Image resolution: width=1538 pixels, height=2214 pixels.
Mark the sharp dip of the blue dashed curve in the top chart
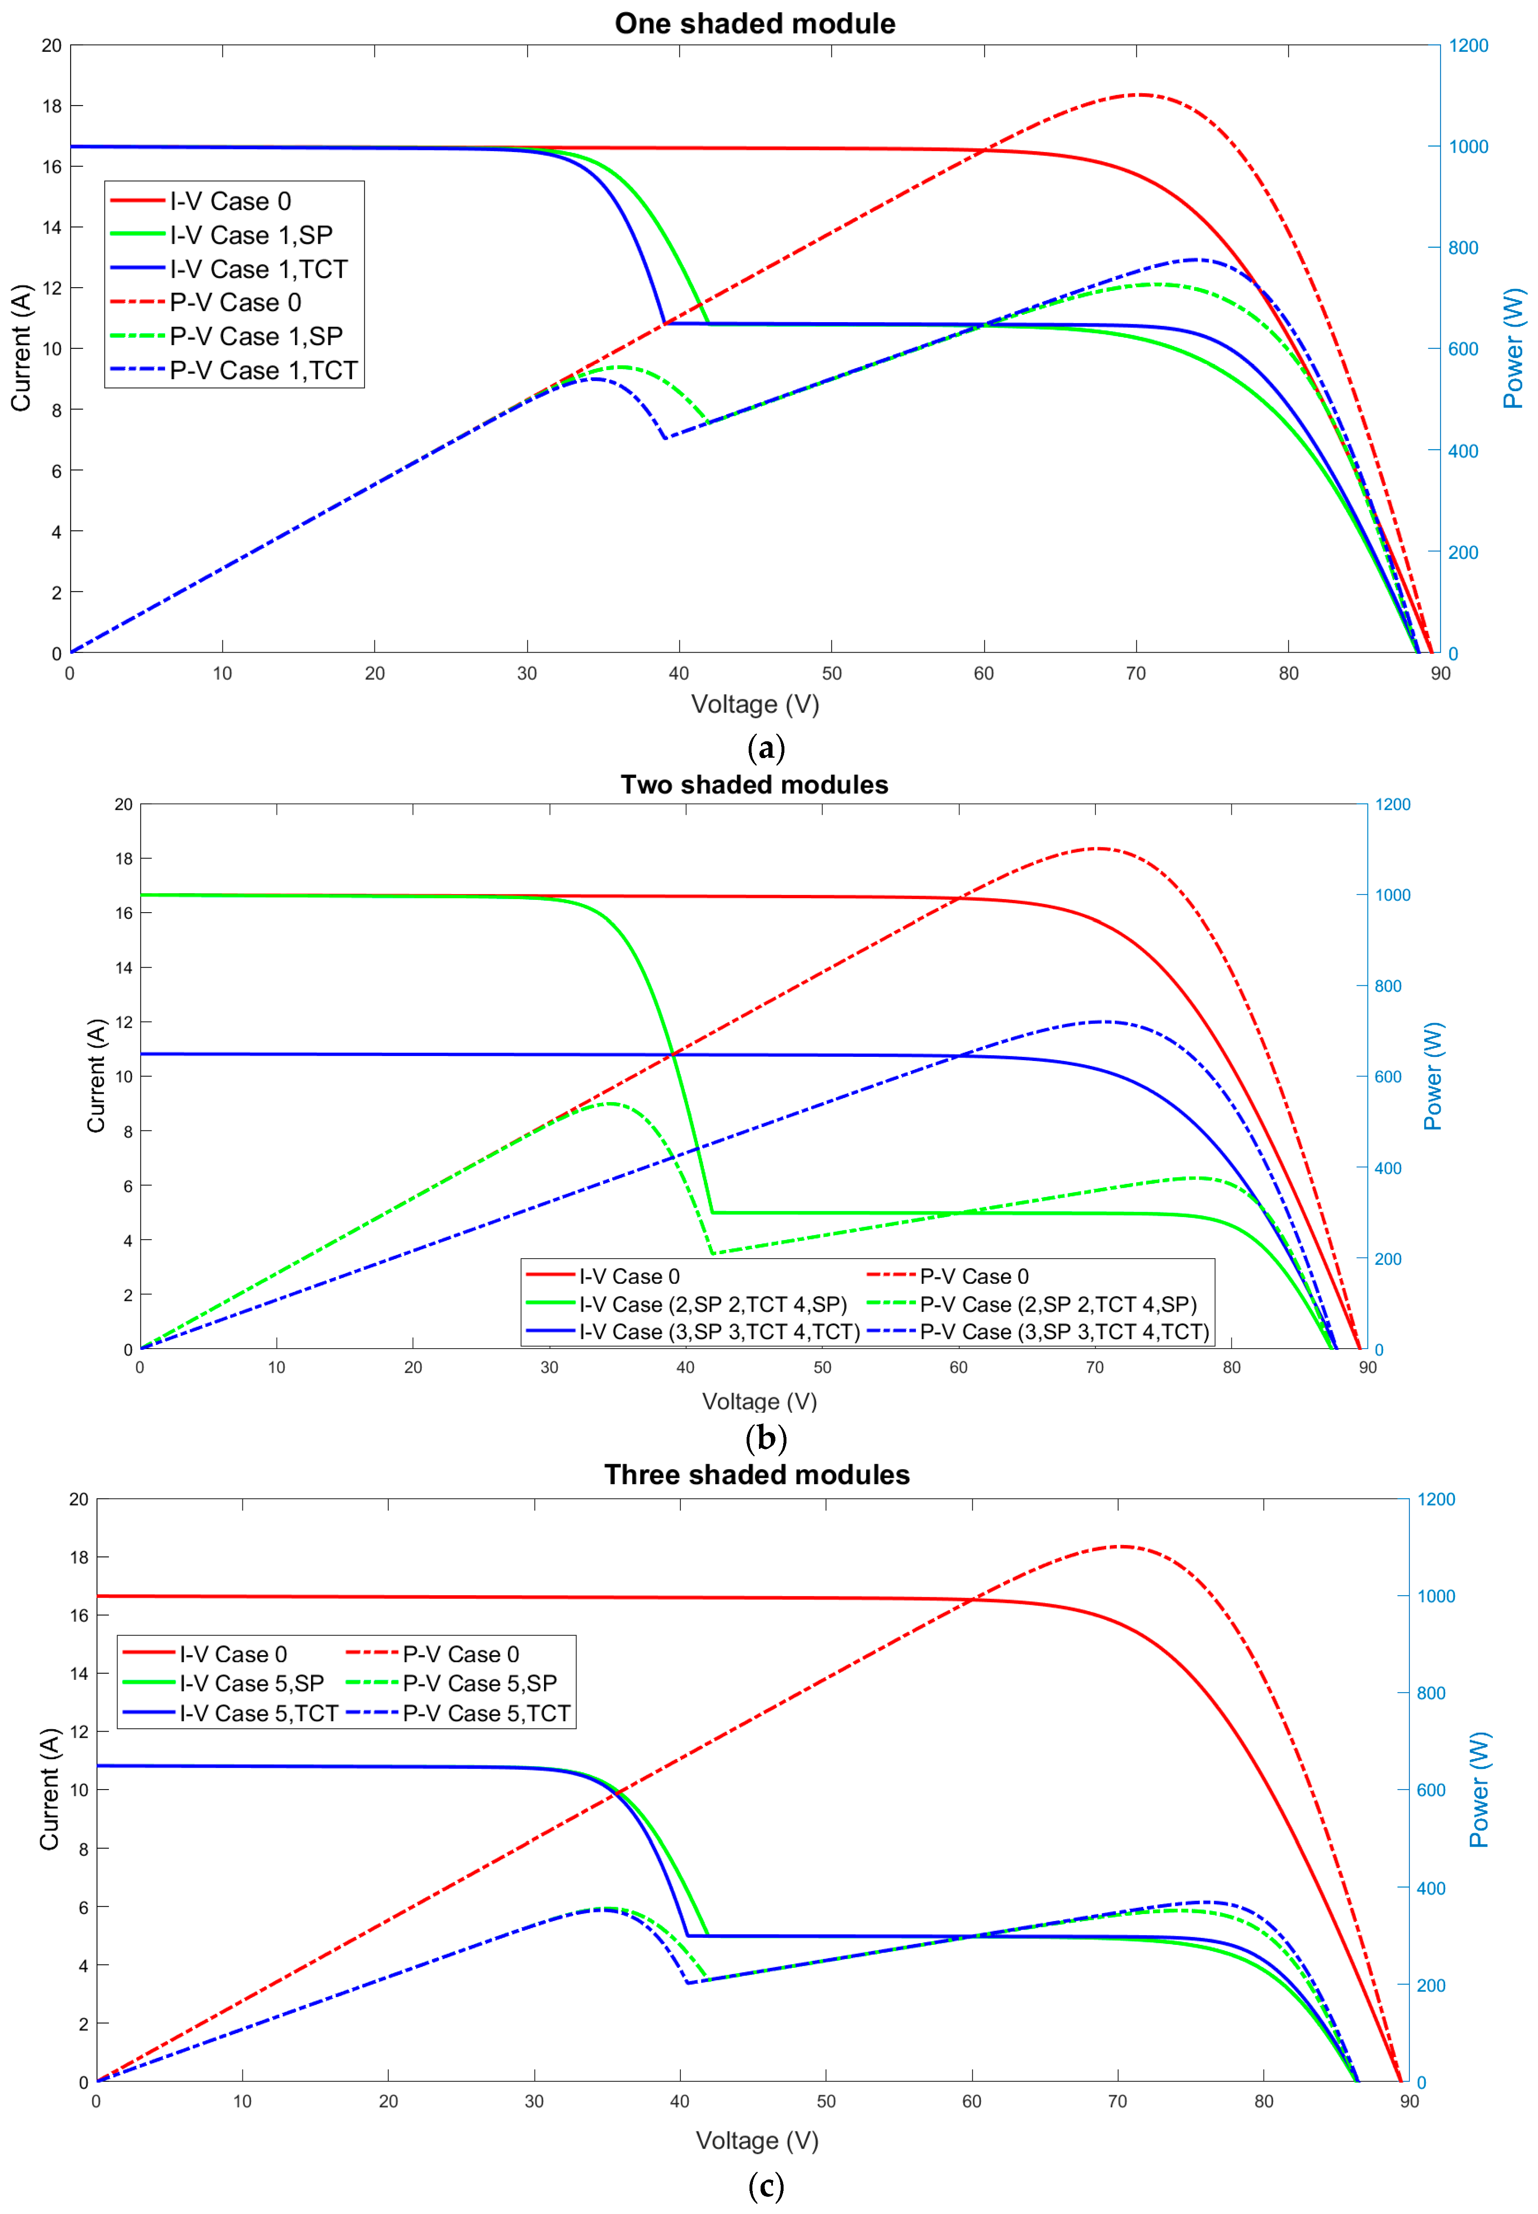(664, 438)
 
